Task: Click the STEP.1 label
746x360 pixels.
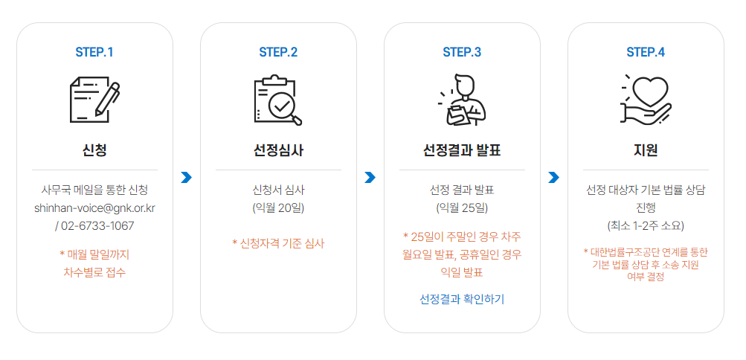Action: (94, 52)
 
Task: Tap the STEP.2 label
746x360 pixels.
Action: (278, 52)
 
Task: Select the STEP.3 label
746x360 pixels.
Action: (462, 52)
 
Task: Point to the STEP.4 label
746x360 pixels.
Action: (646, 52)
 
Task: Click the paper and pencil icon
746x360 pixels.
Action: (94, 100)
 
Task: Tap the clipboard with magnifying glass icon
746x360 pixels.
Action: (278, 100)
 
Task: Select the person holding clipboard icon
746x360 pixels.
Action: (462, 100)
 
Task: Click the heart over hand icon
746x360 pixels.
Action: (646, 100)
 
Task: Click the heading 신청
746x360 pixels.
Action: (94, 150)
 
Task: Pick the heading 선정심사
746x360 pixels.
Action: (278, 150)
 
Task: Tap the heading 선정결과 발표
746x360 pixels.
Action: (462, 150)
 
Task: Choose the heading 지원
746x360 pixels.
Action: (646, 150)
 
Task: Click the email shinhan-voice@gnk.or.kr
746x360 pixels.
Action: (94, 208)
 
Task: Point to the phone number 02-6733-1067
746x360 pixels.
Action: (97, 225)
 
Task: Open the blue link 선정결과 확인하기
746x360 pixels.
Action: (462, 299)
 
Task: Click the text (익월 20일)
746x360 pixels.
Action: (278, 208)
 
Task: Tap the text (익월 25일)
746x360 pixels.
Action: (462, 208)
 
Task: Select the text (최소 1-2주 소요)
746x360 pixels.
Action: (646, 225)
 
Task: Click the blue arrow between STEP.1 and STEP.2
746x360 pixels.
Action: (186, 177)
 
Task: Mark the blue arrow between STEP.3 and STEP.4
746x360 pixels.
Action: (553, 177)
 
